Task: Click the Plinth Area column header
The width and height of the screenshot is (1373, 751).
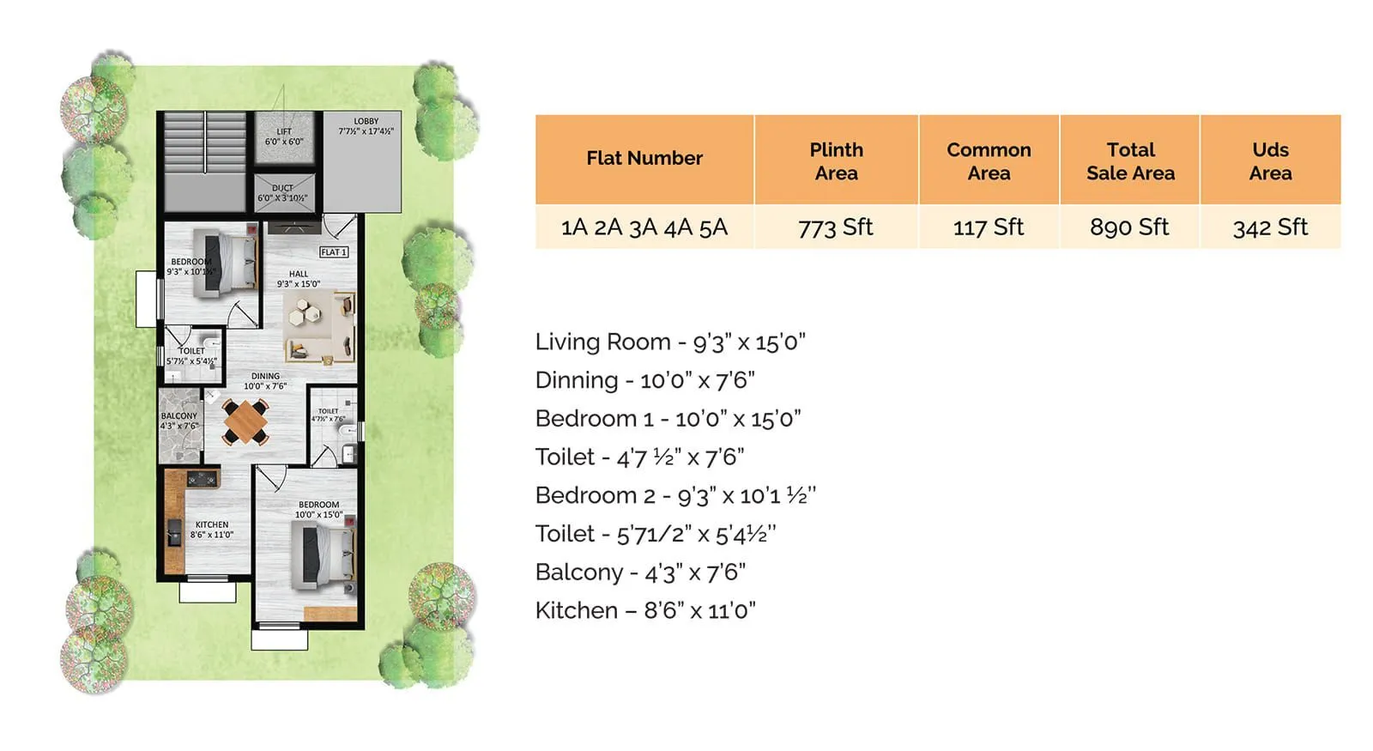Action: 836,160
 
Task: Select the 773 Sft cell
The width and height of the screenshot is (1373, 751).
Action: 835,227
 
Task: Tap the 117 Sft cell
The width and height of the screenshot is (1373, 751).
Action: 988,227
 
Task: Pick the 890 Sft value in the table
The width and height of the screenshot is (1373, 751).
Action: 1128,227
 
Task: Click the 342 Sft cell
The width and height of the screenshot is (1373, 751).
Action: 1269,227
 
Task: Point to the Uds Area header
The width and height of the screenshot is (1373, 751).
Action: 1269,160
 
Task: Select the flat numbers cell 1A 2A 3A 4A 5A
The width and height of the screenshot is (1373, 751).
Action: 644,227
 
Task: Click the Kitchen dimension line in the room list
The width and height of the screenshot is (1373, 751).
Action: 644,610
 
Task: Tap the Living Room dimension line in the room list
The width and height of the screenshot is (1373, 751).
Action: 669,342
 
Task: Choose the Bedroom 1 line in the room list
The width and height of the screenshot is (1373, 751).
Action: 668,419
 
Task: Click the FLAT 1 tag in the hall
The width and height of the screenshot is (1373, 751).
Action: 333,252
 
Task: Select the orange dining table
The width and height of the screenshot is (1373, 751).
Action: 246,421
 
